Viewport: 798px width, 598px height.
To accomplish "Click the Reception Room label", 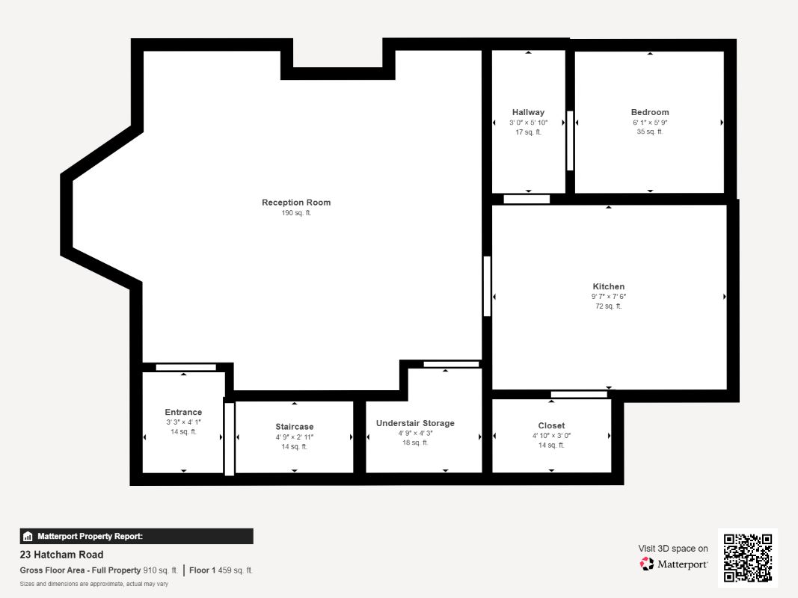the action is pos(296,203).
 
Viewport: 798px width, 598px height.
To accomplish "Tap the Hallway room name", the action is pos(528,112).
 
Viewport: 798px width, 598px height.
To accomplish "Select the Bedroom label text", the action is pos(650,112).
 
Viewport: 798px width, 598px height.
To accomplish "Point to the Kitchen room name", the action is pos(609,287).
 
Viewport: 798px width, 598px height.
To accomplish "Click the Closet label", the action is pos(551,425).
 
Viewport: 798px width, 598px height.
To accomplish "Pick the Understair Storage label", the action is pos(415,423).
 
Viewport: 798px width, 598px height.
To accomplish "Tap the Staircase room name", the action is pos(295,427).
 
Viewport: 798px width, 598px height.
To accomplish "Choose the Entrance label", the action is pos(183,412).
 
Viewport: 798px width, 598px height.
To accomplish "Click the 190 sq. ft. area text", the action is pos(296,213).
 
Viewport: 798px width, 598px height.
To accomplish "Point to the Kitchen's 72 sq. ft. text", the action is pos(609,306).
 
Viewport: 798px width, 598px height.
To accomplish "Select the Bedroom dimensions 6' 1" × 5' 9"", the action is pos(650,123).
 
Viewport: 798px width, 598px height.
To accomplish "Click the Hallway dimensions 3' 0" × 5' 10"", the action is pos(528,123).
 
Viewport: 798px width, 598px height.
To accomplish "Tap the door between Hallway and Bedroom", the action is pos(570,141).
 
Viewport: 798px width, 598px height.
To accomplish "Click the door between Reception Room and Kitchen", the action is pos(487,286).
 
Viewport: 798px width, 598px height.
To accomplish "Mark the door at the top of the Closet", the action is pos(579,394).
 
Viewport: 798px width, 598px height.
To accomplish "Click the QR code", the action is pos(748,558).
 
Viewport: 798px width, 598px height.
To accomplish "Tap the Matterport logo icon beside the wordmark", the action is pos(646,564).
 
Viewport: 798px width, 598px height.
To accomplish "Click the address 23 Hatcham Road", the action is pos(61,555).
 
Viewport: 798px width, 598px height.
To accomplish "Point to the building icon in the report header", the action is pos(28,537).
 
